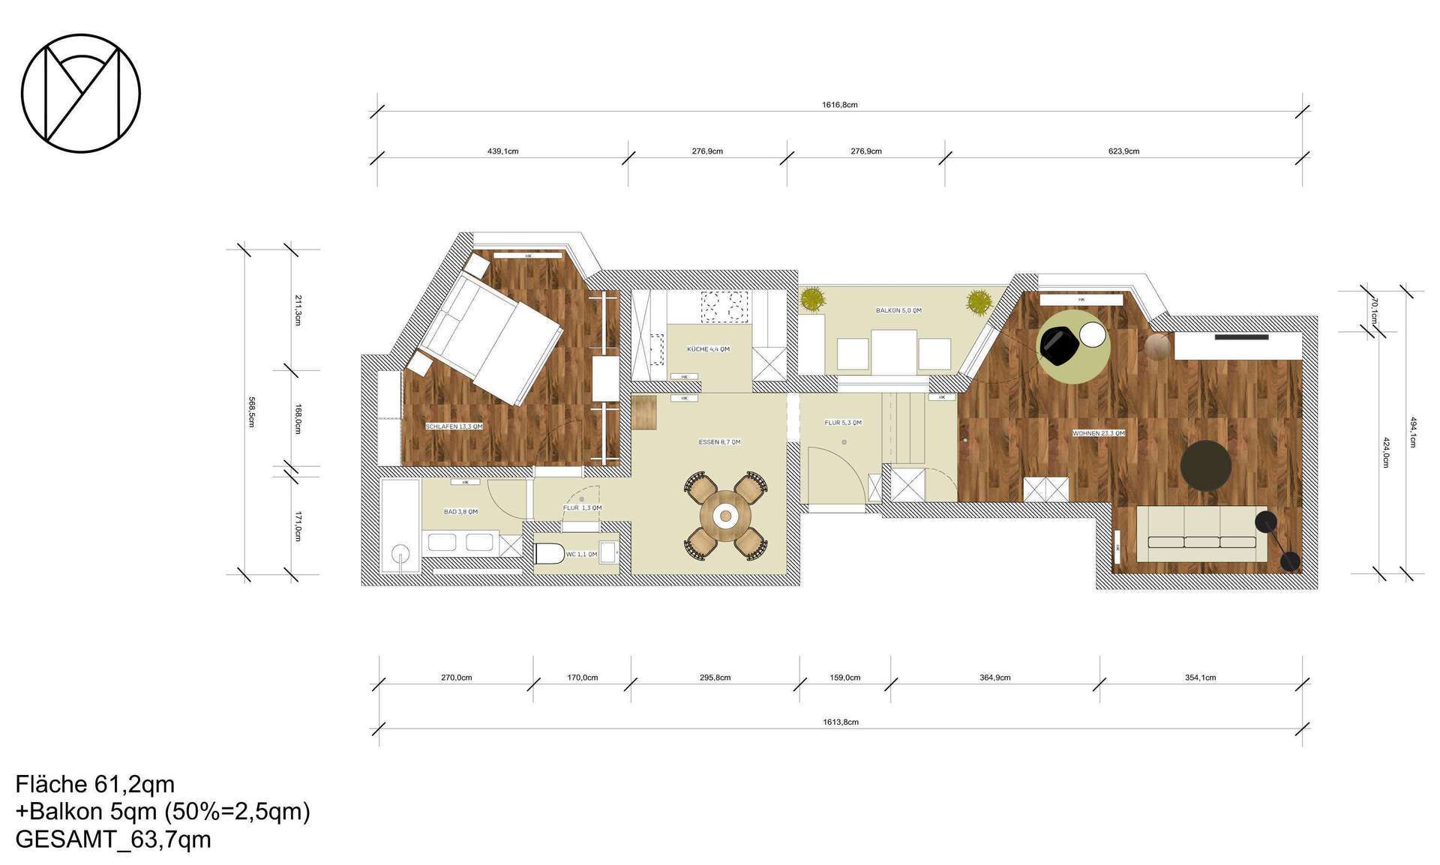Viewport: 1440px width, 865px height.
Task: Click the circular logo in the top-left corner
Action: click(81, 93)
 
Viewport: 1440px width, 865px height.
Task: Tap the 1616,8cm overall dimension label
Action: click(839, 105)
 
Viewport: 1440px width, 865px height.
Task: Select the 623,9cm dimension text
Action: click(1123, 151)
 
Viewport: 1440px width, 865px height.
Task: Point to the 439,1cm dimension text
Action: click(502, 151)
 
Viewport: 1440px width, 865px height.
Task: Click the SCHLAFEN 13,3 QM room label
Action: click(454, 427)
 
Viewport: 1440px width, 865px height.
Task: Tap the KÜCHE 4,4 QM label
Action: click(708, 349)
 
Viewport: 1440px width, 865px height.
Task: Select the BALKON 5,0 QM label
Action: click(898, 310)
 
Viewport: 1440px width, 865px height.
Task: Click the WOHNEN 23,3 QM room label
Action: click(1098, 433)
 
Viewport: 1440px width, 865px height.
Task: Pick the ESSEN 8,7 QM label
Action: click(719, 442)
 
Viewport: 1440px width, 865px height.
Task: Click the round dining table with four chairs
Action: click(724, 515)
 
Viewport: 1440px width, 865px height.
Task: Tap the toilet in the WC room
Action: click(550, 554)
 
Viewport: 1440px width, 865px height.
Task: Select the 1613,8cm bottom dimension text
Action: click(840, 723)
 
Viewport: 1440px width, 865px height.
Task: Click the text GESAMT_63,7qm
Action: click(113, 840)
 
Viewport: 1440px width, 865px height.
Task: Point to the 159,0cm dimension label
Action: click(844, 678)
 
